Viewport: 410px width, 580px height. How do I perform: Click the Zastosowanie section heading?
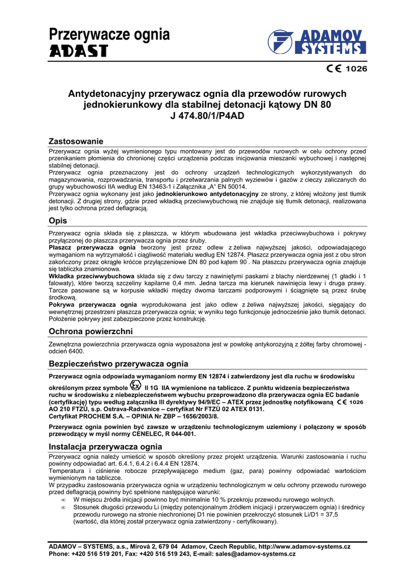tap(76, 140)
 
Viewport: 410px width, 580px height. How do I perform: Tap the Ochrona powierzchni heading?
tap(91, 331)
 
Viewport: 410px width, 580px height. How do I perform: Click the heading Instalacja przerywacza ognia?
tap(105, 446)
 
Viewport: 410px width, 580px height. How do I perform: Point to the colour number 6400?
tap(78, 351)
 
